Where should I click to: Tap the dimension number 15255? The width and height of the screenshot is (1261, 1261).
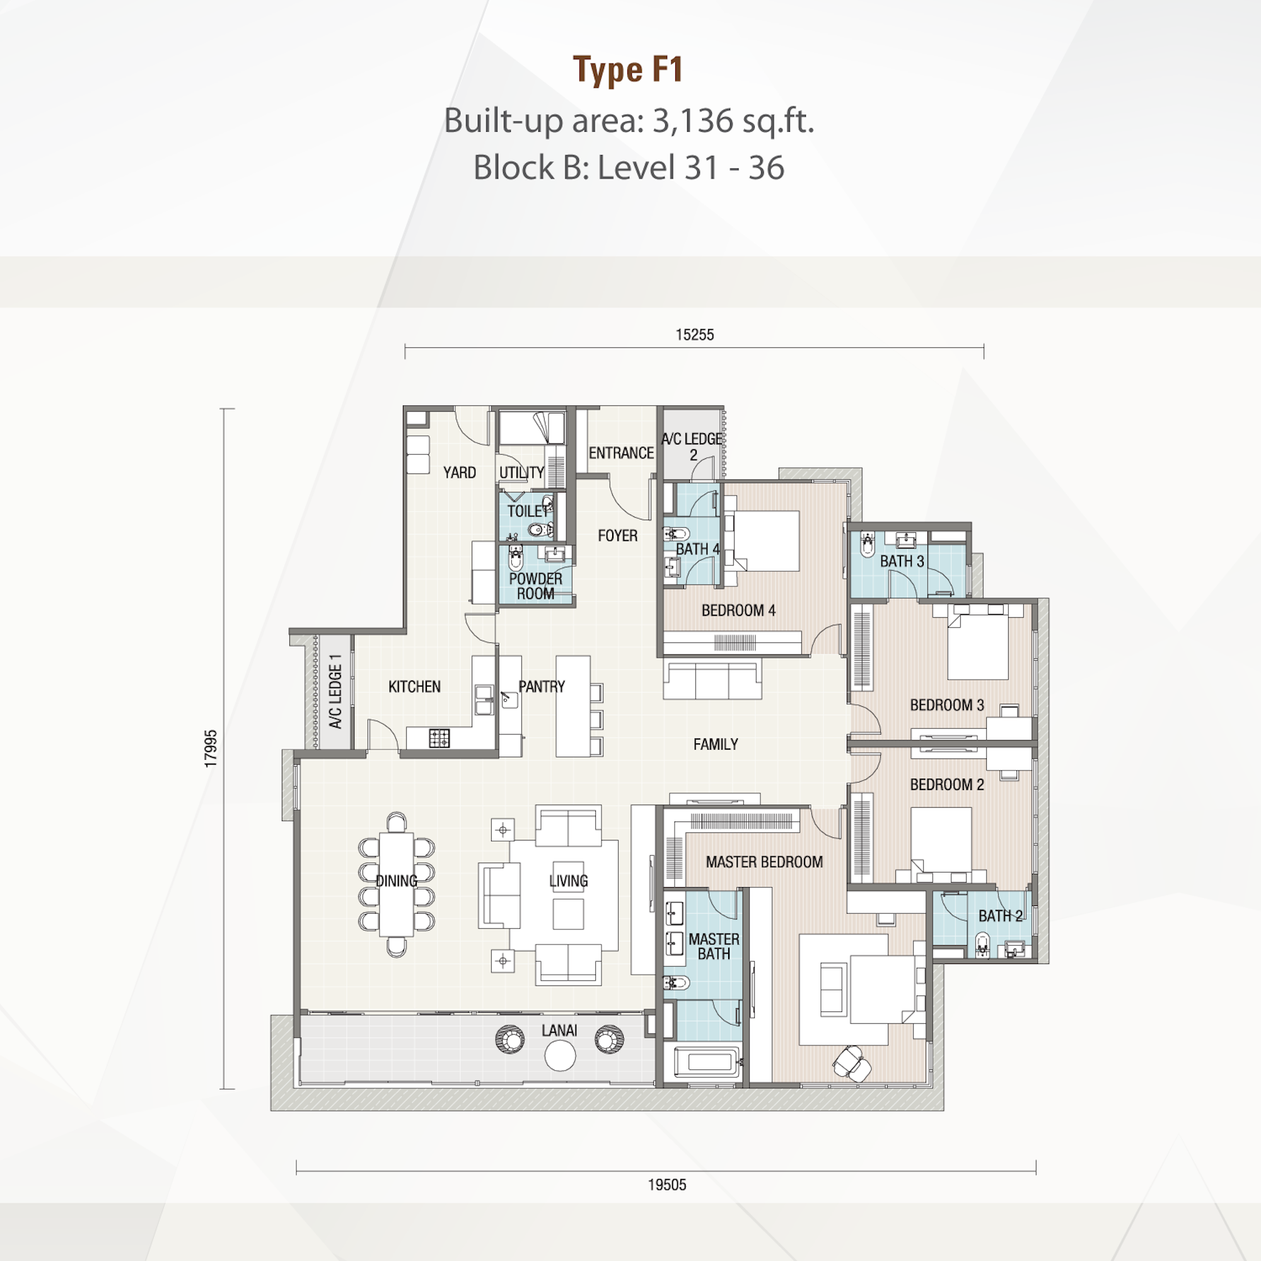click(x=694, y=335)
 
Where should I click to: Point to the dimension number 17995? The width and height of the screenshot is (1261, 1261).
click(x=210, y=748)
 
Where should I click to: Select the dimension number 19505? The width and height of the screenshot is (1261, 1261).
click(x=667, y=1185)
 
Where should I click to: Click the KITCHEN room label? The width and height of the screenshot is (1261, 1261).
click(x=414, y=687)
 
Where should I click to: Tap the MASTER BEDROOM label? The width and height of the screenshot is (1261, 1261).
click(x=764, y=862)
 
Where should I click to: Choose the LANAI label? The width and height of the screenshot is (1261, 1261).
click(x=559, y=1031)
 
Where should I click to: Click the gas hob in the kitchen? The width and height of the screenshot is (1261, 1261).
click(x=439, y=738)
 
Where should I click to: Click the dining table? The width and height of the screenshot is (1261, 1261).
click(x=396, y=885)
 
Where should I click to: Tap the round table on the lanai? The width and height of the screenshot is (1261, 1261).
click(x=560, y=1056)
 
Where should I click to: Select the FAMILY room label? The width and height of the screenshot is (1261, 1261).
click(x=716, y=744)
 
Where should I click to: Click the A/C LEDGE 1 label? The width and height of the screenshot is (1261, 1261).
click(x=335, y=691)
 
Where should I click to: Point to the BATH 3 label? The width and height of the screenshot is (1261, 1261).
click(x=902, y=561)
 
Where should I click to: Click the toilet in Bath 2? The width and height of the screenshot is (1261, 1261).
click(x=982, y=944)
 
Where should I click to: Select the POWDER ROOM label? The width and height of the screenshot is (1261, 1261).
click(x=535, y=586)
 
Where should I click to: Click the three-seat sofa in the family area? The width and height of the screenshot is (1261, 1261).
click(x=712, y=680)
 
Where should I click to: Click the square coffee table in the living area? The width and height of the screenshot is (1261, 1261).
click(x=568, y=914)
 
